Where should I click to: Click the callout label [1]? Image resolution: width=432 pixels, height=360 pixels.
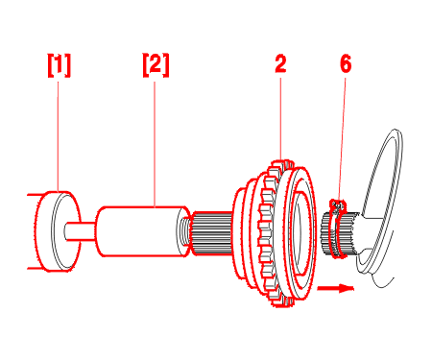tap(60, 65)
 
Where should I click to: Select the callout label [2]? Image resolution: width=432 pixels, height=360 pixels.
tap(156, 65)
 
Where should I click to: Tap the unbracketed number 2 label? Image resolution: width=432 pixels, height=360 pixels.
tap(280, 63)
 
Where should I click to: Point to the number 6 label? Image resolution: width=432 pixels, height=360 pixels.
tap(346, 63)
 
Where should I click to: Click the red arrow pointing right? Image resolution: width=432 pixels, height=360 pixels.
tap(336, 288)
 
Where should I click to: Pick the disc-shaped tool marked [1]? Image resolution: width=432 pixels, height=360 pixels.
tap(58, 231)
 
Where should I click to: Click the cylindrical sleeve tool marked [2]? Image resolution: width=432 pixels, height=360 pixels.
tap(142, 231)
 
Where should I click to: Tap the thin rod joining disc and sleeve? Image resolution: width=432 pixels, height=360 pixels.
tap(80, 230)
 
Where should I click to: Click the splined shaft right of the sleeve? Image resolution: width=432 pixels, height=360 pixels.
tap(212, 233)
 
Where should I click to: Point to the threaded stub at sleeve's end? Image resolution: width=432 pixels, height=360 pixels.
tap(185, 231)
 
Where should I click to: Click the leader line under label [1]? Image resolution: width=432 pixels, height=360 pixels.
tap(58, 136)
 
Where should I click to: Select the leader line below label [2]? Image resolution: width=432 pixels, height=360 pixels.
tap(155, 144)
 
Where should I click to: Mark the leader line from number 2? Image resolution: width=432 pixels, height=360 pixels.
tap(280, 118)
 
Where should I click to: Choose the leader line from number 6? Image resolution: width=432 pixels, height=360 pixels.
tap(342, 139)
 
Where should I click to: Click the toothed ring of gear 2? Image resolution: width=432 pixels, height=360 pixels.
tap(268, 233)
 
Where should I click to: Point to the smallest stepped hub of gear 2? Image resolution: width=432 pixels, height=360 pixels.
tap(241, 233)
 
